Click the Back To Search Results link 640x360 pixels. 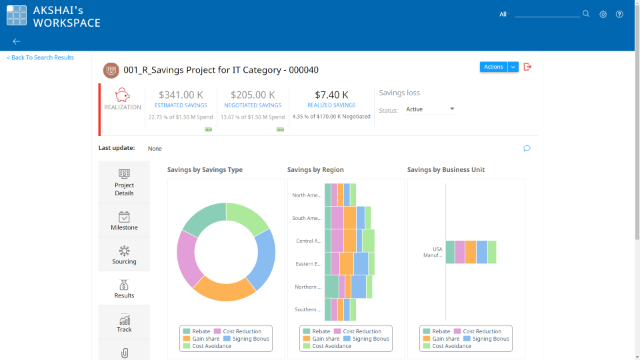pyautogui.click(x=41, y=58)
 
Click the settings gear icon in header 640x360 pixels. pyautogui.click(x=603, y=14)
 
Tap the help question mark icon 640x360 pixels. pyautogui.click(x=619, y=14)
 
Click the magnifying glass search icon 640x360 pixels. pyautogui.click(x=586, y=13)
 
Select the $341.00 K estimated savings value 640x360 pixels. pyautogui.click(x=181, y=95)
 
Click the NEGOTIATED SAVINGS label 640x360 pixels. pyautogui.click(x=252, y=105)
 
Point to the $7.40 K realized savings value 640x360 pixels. pyautogui.click(x=331, y=95)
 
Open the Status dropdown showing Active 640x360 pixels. pyautogui.click(x=430, y=109)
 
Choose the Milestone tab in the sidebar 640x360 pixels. pyautogui.click(x=124, y=221)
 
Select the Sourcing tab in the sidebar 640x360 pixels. pyautogui.click(x=124, y=255)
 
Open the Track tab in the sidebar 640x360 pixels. pyautogui.click(x=124, y=323)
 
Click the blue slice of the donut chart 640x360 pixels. pyautogui.click(x=263, y=259)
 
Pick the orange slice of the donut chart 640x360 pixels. pyautogui.click(x=223, y=288)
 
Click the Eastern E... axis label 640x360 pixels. pyautogui.click(x=309, y=264)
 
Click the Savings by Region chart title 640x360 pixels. pyautogui.click(x=315, y=170)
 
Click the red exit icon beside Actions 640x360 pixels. pyautogui.click(x=527, y=67)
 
